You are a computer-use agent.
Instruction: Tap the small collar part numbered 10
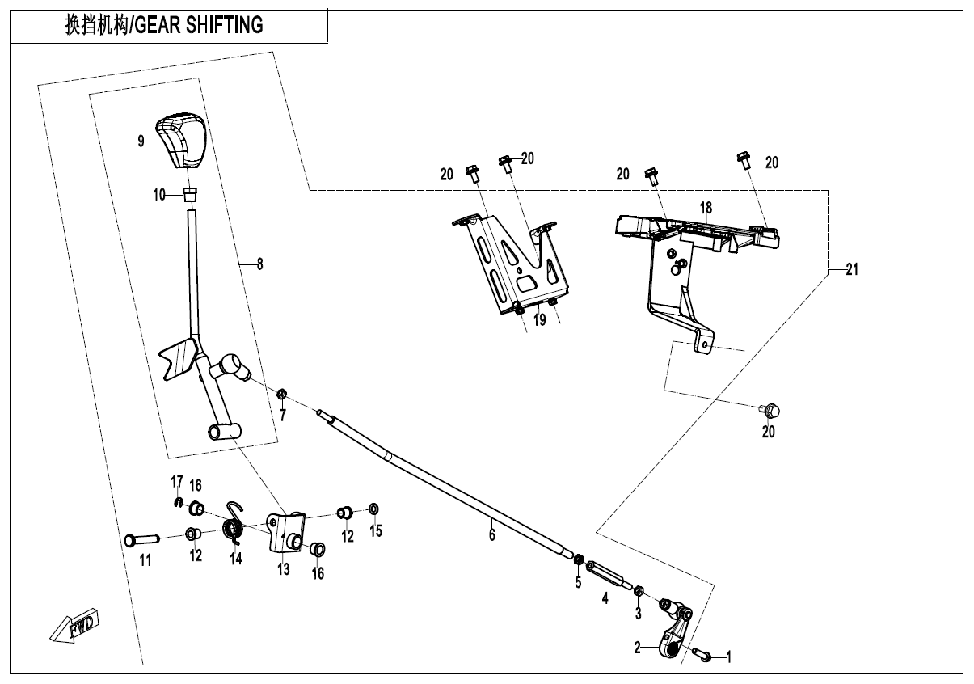click(191, 194)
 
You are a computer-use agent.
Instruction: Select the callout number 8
click(259, 264)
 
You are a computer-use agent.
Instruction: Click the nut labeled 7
click(282, 395)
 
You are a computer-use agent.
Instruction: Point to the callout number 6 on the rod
click(491, 534)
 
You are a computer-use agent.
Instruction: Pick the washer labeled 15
click(373, 509)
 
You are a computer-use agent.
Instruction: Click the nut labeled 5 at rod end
click(579, 559)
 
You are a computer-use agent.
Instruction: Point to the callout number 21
click(851, 270)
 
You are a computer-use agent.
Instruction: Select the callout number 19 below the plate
click(539, 320)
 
